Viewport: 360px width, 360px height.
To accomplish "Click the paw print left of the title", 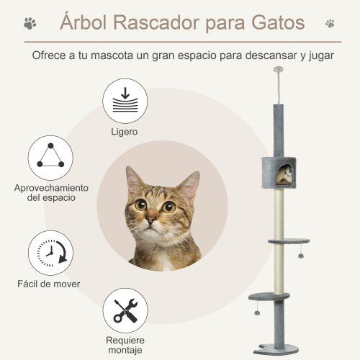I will [x=29, y=23].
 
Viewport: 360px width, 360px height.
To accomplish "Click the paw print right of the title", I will [x=330, y=23].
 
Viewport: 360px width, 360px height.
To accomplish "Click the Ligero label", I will [x=125, y=132].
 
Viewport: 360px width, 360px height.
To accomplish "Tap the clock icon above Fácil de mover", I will [x=50, y=252].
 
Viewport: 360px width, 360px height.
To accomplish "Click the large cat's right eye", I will [x=168, y=207].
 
